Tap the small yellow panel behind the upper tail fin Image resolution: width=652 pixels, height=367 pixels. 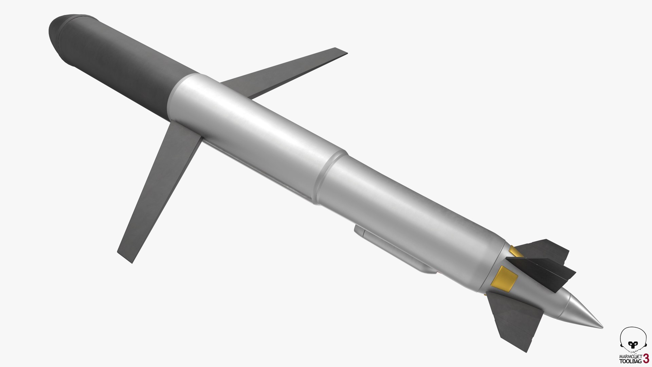pos(515,252)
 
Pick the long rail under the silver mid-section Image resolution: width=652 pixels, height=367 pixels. pos(258,170)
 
